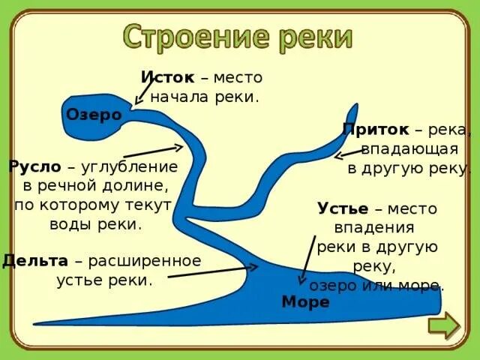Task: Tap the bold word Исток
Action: (x=168, y=77)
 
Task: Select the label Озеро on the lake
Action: (x=94, y=115)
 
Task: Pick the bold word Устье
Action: (x=343, y=208)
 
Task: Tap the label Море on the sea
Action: (x=305, y=302)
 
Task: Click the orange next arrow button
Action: (x=443, y=328)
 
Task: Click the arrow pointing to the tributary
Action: (x=349, y=154)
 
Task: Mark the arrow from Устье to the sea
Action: (x=307, y=259)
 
